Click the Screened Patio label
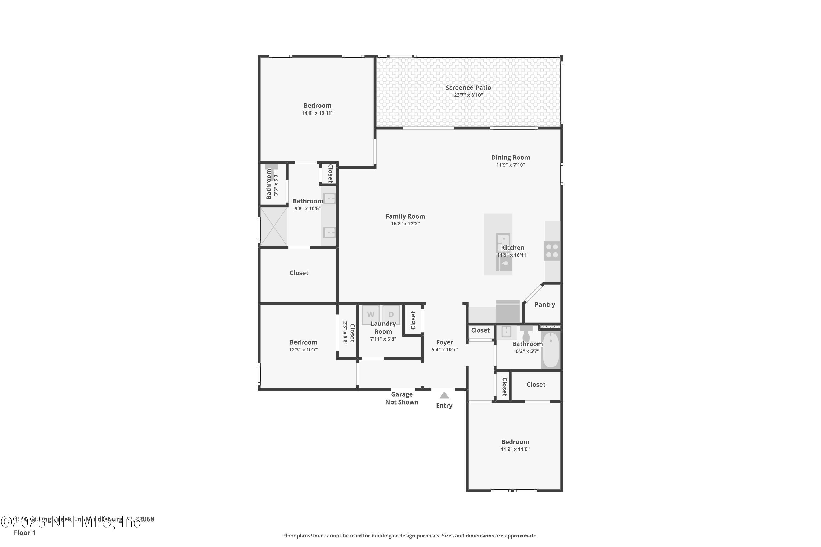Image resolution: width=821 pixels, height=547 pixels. (x=468, y=88)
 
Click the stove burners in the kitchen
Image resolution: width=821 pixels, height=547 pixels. (x=552, y=251)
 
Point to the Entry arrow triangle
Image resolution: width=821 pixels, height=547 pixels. (x=444, y=395)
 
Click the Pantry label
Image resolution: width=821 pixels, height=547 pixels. (x=545, y=305)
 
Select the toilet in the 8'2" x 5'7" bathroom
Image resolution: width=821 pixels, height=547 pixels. (x=526, y=334)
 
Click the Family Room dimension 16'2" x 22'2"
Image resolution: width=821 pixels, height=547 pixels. (x=405, y=224)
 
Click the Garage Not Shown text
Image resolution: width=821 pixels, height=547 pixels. (x=402, y=398)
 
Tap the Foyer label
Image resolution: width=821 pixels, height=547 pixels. (x=444, y=342)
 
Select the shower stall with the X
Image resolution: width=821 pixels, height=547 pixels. (x=274, y=226)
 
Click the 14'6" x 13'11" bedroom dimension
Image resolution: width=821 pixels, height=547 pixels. (x=317, y=113)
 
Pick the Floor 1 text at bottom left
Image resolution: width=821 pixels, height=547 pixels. (x=24, y=533)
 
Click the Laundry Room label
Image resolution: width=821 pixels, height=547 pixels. (x=383, y=328)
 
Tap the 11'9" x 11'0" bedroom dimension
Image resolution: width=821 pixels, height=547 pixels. (x=515, y=449)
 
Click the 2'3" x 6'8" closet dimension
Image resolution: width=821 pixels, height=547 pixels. (x=345, y=333)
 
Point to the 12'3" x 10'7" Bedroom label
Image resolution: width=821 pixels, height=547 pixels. (x=303, y=342)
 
